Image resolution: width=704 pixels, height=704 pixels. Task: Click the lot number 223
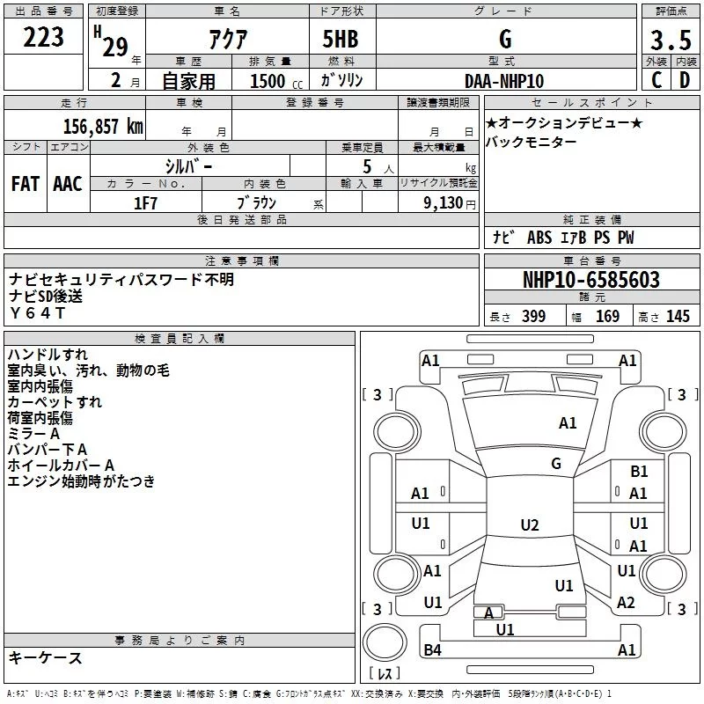click(x=44, y=37)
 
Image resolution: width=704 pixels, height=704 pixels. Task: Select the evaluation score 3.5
click(x=669, y=40)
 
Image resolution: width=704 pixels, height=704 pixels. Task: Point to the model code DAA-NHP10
click(x=504, y=81)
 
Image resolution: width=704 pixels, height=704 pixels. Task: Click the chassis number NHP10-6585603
click(x=591, y=280)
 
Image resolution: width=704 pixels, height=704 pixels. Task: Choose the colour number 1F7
click(x=145, y=202)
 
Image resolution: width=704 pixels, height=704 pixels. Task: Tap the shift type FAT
click(x=26, y=183)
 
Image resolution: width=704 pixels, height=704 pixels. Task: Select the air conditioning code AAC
click(x=67, y=183)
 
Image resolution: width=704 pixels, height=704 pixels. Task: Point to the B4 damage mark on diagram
click(x=432, y=650)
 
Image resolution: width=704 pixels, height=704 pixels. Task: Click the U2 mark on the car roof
click(x=529, y=525)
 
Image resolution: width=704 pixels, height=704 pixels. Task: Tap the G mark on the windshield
click(x=556, y=464)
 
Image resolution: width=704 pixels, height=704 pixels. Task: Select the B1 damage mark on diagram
click(x=639, y=473)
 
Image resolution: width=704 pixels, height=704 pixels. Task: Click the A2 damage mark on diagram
click(x=627, y=603)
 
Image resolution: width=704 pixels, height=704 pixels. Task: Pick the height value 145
click(x=678, y=317)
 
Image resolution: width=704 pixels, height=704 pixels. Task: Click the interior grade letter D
click(x=684, y=80)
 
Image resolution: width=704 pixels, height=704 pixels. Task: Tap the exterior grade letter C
click(x=656, y=80)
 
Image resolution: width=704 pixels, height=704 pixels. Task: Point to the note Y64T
click(x=38, y=313)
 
